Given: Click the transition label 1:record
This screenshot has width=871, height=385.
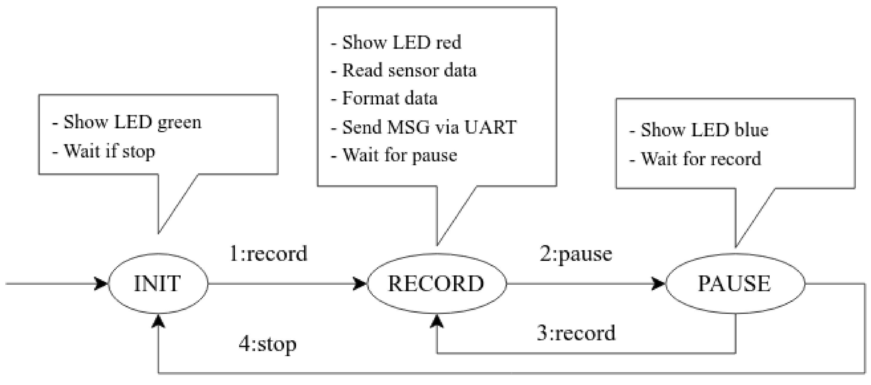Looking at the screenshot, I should (x=268, y=254).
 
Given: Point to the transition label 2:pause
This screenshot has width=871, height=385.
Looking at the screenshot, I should (x=576, y=254).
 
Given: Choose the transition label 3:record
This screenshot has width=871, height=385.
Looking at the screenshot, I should (x=576, y=333).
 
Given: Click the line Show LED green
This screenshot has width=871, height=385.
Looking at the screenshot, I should (x=127, y=122).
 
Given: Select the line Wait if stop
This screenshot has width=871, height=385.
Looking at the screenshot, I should (x=104, y=151).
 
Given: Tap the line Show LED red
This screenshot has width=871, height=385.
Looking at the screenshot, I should (x=396, y=43).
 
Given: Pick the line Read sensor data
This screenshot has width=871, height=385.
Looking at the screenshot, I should (x=403, y=71).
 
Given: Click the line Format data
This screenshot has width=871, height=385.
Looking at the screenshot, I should (x=384, y=99).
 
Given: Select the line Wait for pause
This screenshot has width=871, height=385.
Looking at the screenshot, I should (x=394, y=156).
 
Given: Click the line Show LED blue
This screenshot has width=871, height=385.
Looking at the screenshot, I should (x=698, y=130).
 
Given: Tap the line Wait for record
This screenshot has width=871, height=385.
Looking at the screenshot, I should (x=695, y=159).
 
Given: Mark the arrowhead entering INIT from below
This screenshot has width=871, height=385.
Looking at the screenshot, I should (x=158, y=322).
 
